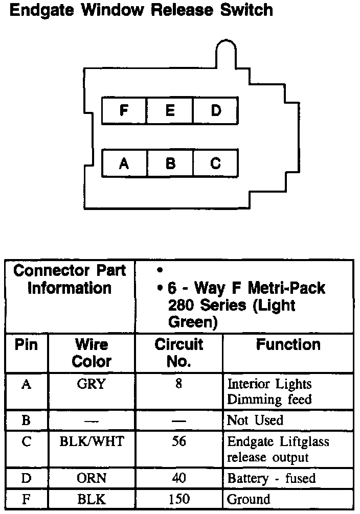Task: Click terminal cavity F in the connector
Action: point(124,110)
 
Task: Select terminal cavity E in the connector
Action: point(170,110)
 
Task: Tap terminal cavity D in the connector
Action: point(215,110)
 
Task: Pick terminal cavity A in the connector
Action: point(124,163)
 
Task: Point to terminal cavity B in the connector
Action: point(170,163)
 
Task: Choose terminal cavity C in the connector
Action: point(215,163)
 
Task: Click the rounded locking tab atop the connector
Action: point(226,51)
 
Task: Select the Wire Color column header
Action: point(92,353)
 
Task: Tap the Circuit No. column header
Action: point(178,353)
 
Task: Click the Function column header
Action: point(288,345)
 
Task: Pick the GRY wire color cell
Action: point(92,384)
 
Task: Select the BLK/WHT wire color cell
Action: point(92,441)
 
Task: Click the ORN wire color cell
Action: point(92,479)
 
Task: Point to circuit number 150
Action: point(178,499)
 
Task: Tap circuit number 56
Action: point(178,441)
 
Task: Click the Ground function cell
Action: point(249,499)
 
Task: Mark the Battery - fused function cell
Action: point(271,479)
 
